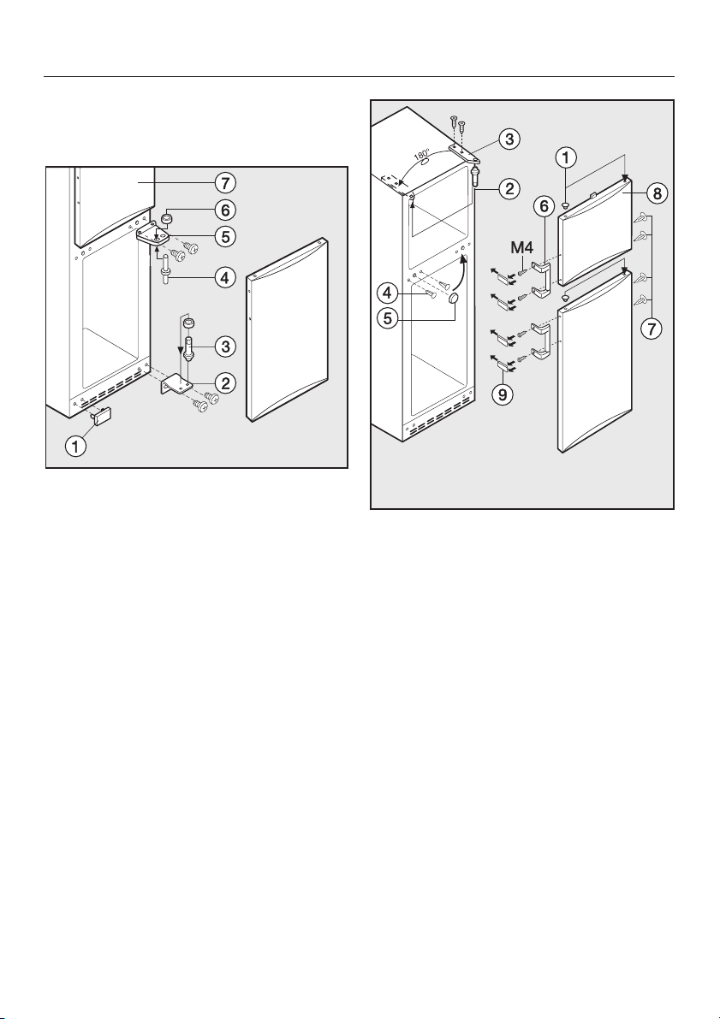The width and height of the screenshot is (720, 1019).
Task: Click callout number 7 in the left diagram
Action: (225, 182)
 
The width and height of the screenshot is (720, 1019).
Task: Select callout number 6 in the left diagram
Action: (225, 210)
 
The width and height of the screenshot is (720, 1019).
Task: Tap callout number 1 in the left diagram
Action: (77, 447)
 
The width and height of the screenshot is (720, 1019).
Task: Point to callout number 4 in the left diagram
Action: (225, 279)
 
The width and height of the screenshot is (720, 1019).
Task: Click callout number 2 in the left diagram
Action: (225, 382)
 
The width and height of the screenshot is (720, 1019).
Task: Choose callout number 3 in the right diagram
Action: (509, 139)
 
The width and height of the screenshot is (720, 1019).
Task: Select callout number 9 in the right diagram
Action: (501, 394)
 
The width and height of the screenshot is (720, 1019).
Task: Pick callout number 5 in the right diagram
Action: (388, 319)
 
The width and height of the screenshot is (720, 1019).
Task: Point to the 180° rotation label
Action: (421, 156)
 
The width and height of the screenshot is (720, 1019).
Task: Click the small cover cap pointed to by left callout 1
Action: (103, 415)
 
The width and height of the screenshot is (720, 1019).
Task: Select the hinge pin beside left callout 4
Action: (166, 266)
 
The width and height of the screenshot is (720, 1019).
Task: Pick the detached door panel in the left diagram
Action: (288, 329)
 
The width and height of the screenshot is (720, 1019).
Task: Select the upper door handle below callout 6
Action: (541, 277)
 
